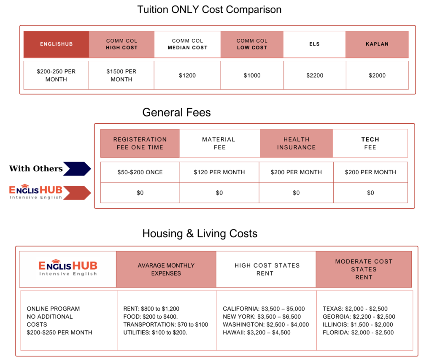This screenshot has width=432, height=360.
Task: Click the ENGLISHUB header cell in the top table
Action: [x=56, y=44]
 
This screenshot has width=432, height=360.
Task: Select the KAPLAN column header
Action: [x=377, y=44]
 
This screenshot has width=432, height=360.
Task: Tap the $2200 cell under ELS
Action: [x=315, y=76]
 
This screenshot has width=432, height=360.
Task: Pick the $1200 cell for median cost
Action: [x=187, y=76]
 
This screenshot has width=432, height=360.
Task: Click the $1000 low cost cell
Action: [x=252, y=76]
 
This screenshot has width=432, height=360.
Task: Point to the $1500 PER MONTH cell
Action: [x=121, y=76]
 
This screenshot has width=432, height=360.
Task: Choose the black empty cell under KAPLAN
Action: [x=377, y=76]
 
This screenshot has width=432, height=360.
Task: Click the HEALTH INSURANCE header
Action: [x=296, y=143]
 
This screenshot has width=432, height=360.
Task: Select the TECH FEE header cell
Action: [x=370, y=143]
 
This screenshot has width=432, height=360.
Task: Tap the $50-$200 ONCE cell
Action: [x=140, y=172]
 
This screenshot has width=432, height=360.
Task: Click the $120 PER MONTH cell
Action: [x=219, y=172]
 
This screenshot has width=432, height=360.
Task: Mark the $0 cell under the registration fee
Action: [x=140, y=193]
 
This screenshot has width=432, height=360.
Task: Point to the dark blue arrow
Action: [x=77, y=168]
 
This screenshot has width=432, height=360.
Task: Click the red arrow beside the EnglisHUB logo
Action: [x=77, y=193]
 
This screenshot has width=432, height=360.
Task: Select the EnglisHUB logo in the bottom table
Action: [x=68, y=268]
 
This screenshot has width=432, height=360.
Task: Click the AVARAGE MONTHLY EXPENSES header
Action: [x=166, y=269]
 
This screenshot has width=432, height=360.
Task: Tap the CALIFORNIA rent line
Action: [x=264, y=309]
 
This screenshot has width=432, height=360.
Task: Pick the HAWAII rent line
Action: [x=256, y=333]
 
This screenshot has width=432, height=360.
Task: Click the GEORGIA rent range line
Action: [x=359, y=317]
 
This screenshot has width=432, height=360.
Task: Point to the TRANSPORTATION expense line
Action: [x=165, y=325]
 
